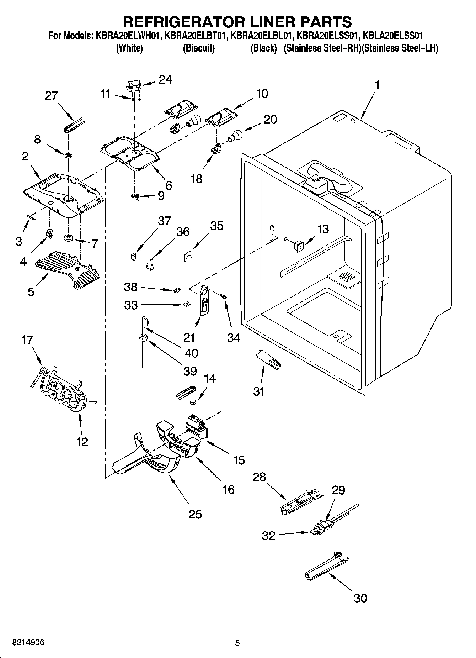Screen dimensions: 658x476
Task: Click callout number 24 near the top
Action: point(165,80)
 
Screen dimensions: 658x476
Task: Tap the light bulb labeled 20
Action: point(235,135)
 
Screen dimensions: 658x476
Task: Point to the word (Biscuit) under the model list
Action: point(199,48)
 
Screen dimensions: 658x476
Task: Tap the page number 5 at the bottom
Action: point(237,643)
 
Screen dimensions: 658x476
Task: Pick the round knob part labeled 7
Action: point(69,237)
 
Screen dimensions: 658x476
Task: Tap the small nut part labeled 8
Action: point(68,155)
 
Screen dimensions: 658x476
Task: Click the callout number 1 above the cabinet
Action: point(377,85)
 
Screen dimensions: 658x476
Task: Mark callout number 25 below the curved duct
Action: point(195,514)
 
